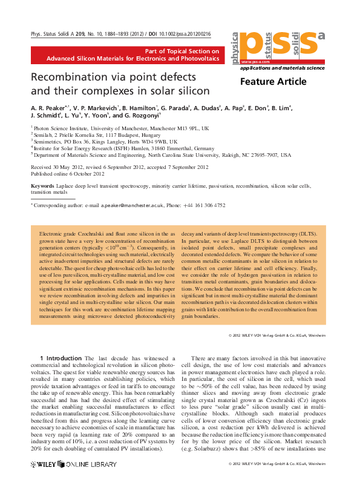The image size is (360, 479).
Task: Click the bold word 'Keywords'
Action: tap(42, 186)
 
